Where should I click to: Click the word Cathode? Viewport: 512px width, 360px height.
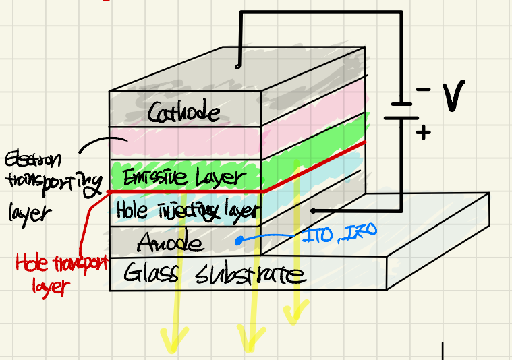[183, 111]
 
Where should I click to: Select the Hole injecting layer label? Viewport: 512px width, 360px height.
[187, 210]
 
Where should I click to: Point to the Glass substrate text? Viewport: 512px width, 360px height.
[215, 274]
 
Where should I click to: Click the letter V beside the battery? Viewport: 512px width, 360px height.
[454, 97]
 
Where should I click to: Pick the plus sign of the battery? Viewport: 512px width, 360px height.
[423, 132]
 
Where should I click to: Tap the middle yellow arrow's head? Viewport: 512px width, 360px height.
[250, 340]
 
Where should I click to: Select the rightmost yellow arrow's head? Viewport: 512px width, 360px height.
[292, 313]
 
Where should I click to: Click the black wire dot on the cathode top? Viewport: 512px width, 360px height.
[237, 65]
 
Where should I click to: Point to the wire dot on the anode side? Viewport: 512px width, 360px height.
[312, 210]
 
